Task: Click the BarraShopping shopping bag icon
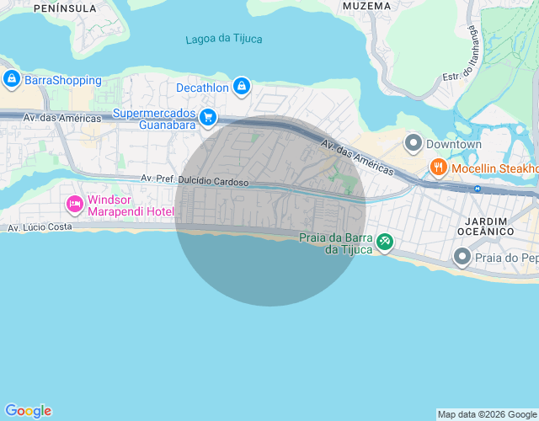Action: click(x=11, y=80)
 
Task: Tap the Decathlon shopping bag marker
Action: click(x=242, y=86)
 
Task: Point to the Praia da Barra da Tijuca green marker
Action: click(x=384, y=242)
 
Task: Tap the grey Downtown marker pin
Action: click(x=413, y=144)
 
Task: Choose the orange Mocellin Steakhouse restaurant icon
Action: click(x=438, y=168)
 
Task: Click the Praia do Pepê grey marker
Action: click(x=462, y=255)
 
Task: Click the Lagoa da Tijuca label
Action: click(x=223, y=39)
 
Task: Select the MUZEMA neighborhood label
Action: click(x=367, y=6)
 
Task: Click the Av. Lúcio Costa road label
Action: click(x=40, y=227)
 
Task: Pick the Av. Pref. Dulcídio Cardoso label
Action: click(x=195, y=179)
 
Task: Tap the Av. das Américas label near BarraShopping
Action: click(x=62, y=119)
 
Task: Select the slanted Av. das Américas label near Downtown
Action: click(x=356, y=157)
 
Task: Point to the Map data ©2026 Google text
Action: click(x=487, y=414)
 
